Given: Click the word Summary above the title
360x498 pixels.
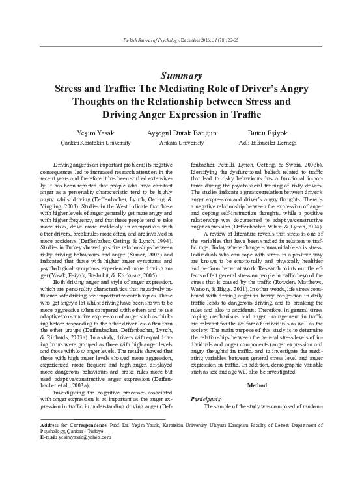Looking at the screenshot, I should point(179,76).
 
